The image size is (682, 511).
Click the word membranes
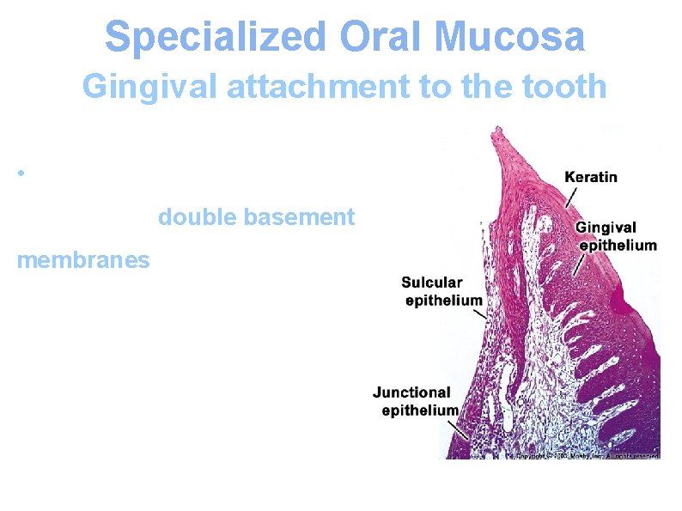82,259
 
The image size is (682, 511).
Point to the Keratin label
591,178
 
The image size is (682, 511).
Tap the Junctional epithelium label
416,401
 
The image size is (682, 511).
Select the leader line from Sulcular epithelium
481,313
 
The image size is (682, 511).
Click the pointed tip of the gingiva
496,131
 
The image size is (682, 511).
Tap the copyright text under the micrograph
584,455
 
